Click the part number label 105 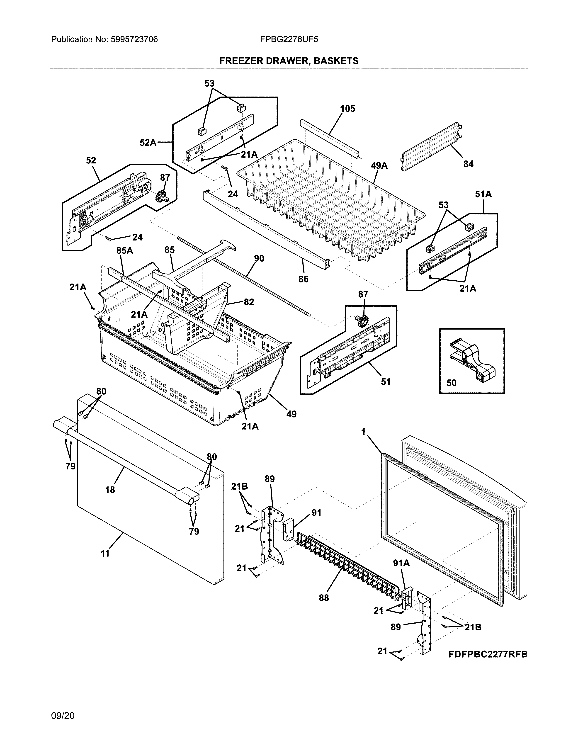347,109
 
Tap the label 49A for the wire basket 379,166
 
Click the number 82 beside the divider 249,302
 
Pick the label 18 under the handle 110,490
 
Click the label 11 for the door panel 105,554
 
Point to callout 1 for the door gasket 363,432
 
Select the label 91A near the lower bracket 401,563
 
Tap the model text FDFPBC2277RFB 487,655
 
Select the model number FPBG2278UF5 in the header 289,39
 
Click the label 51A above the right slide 483,194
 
